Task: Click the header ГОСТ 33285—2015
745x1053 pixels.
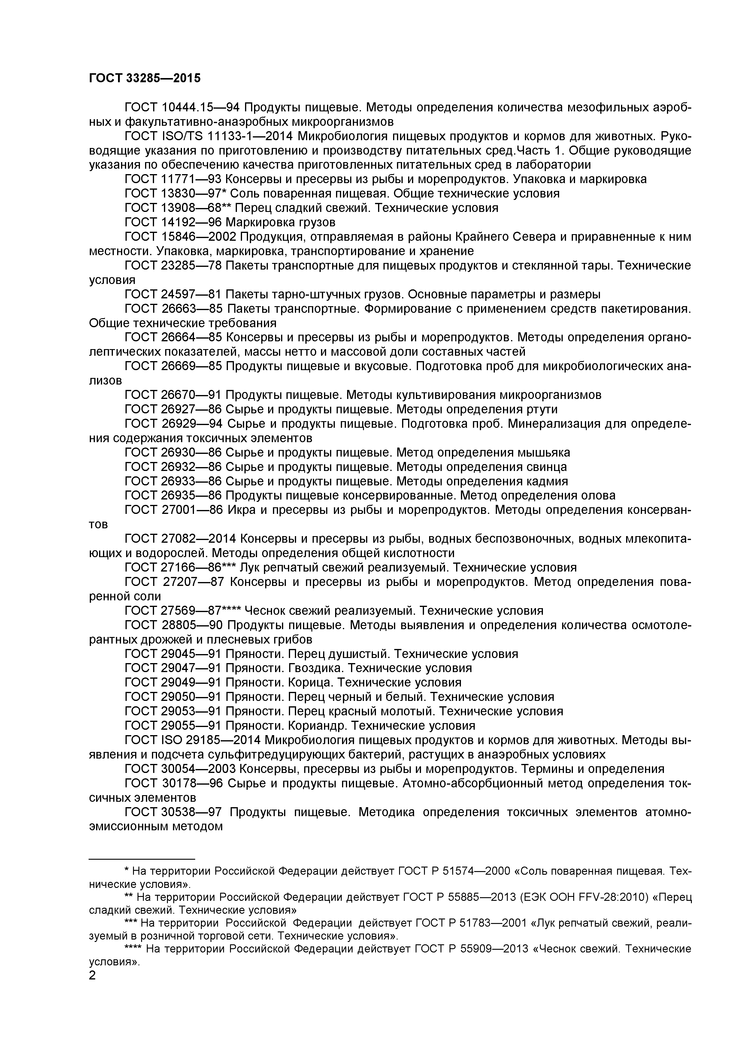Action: point(144,78)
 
